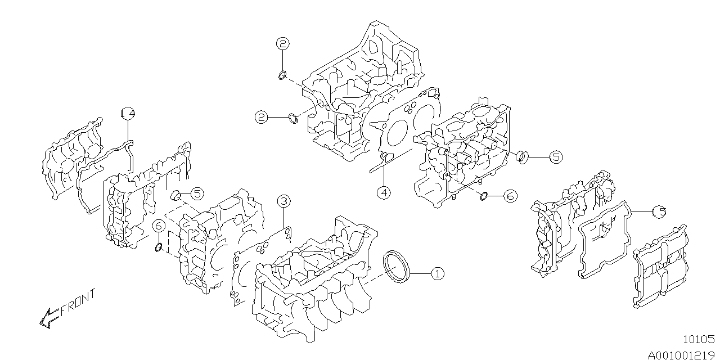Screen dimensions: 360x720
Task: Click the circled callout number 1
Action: [x=437, y=274]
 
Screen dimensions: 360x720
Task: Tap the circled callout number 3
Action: [x=283, y=201]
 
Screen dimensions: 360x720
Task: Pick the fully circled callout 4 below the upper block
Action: [x=383, y=192]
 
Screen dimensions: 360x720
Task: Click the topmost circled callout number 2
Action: [x=282, y=43]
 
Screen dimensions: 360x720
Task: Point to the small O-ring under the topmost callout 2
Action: [x=283, y=75]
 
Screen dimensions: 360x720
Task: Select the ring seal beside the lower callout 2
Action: [x=293, y=118]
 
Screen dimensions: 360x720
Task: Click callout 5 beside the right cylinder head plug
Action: [x=556, y=157]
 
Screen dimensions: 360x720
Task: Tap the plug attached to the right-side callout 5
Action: [x=523, y=156]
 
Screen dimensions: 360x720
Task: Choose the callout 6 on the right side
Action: [x=509, y=196]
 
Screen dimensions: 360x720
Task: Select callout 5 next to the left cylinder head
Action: [x=196, y=193]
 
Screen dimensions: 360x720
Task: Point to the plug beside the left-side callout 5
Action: [x=175, y=195]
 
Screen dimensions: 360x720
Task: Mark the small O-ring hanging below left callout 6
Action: [x=159, y=247]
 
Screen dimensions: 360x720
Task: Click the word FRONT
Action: [x=78, y=304]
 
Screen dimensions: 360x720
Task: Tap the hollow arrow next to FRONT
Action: [x=48, y=318]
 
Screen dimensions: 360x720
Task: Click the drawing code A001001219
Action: [x=681, y=354]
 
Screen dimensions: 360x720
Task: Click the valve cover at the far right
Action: [x=659, y=267]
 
